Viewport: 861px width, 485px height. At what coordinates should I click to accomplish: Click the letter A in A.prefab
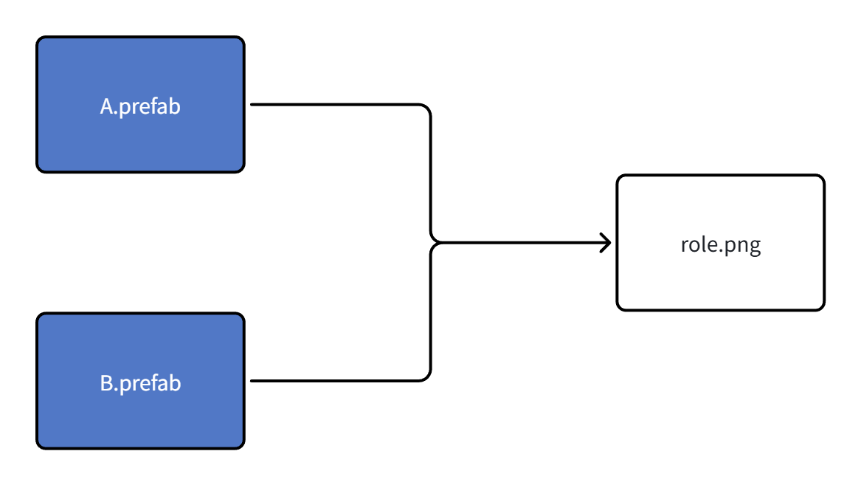[106, 107]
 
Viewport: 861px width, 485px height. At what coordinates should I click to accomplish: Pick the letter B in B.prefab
[106, 384]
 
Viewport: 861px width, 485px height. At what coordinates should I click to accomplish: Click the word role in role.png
[696, 245]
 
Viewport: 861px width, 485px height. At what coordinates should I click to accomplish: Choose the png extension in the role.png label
[742, 247]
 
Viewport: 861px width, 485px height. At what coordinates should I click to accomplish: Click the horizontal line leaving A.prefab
[332, 105]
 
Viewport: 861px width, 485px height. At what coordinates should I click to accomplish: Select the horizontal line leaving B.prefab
[332, 381]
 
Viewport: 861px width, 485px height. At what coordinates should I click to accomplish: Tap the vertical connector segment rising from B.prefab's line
[430, 314]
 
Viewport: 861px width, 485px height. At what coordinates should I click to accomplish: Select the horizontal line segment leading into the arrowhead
[516, 242]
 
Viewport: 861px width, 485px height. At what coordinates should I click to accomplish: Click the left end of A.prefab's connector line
[253, 105]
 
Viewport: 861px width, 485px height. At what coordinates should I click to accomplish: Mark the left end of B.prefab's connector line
[253, 381]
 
